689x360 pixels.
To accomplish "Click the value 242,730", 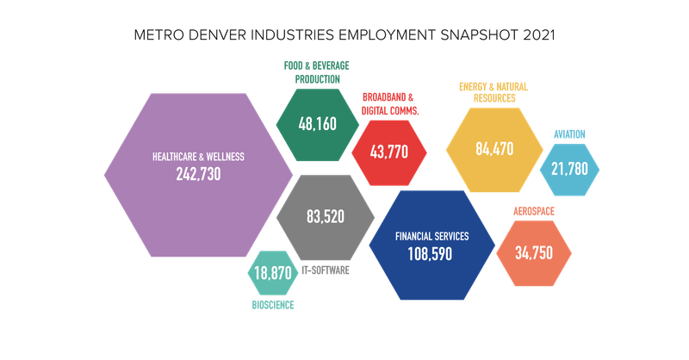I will point(198,174).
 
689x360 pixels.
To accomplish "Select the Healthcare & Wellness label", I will point(198,157).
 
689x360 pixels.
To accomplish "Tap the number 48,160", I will point(318,125).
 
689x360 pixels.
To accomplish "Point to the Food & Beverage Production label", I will point(317,72).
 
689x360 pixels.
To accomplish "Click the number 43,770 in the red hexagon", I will point(388,152).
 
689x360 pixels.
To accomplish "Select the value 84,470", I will point(494,148).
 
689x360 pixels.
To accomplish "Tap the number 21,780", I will point(570,169).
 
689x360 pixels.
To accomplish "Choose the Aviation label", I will point(569,134).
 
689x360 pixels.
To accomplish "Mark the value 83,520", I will point(326,217).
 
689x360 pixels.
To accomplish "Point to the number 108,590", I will point(431,254).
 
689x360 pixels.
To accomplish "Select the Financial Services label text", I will point(431,236).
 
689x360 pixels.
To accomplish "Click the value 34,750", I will point(534,253).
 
